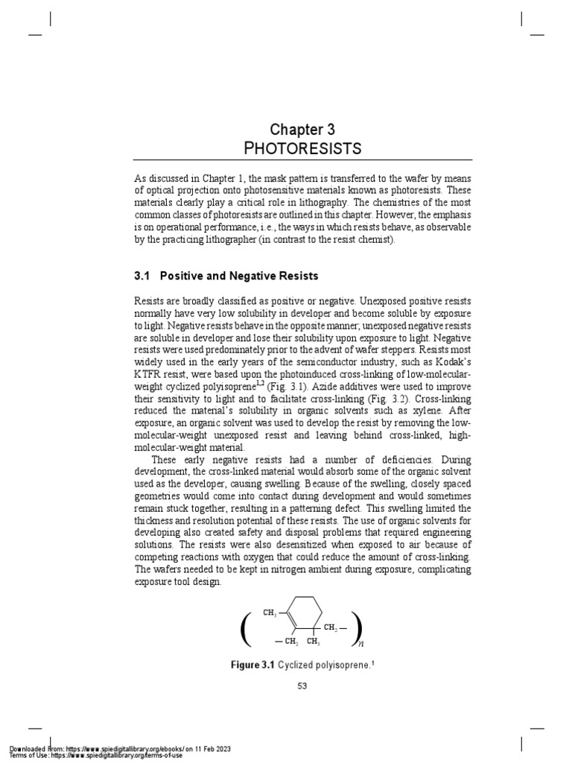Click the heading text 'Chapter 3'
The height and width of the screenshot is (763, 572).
point(302,130)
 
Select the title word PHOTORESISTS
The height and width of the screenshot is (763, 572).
point(302,149)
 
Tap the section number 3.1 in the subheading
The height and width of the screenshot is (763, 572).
point(142,276)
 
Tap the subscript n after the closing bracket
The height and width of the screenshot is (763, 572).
point(361,642)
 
